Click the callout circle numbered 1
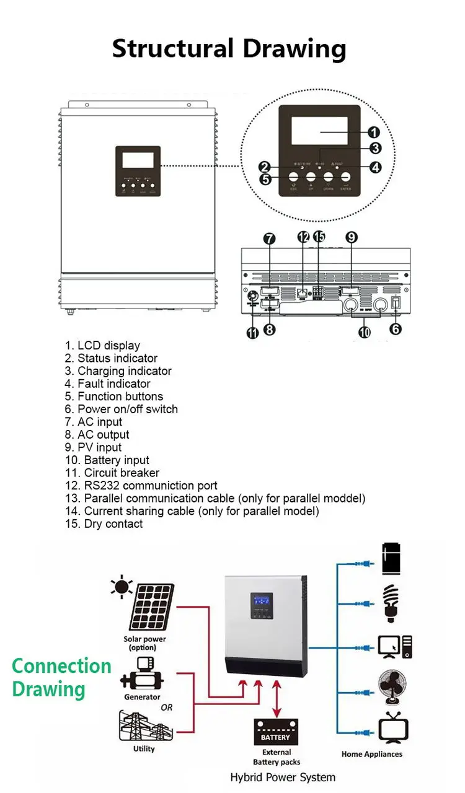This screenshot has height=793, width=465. point(373,132)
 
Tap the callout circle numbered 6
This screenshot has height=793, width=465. point(396,329)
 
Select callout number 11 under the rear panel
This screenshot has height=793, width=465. point(252,332)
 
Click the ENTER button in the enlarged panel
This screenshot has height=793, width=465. point(347,178)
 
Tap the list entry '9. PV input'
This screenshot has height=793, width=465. point(93,447)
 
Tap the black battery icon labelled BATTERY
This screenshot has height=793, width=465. point(276,732)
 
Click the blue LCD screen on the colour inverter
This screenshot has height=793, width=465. point(262,600)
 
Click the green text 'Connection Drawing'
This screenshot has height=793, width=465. point(61,678)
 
